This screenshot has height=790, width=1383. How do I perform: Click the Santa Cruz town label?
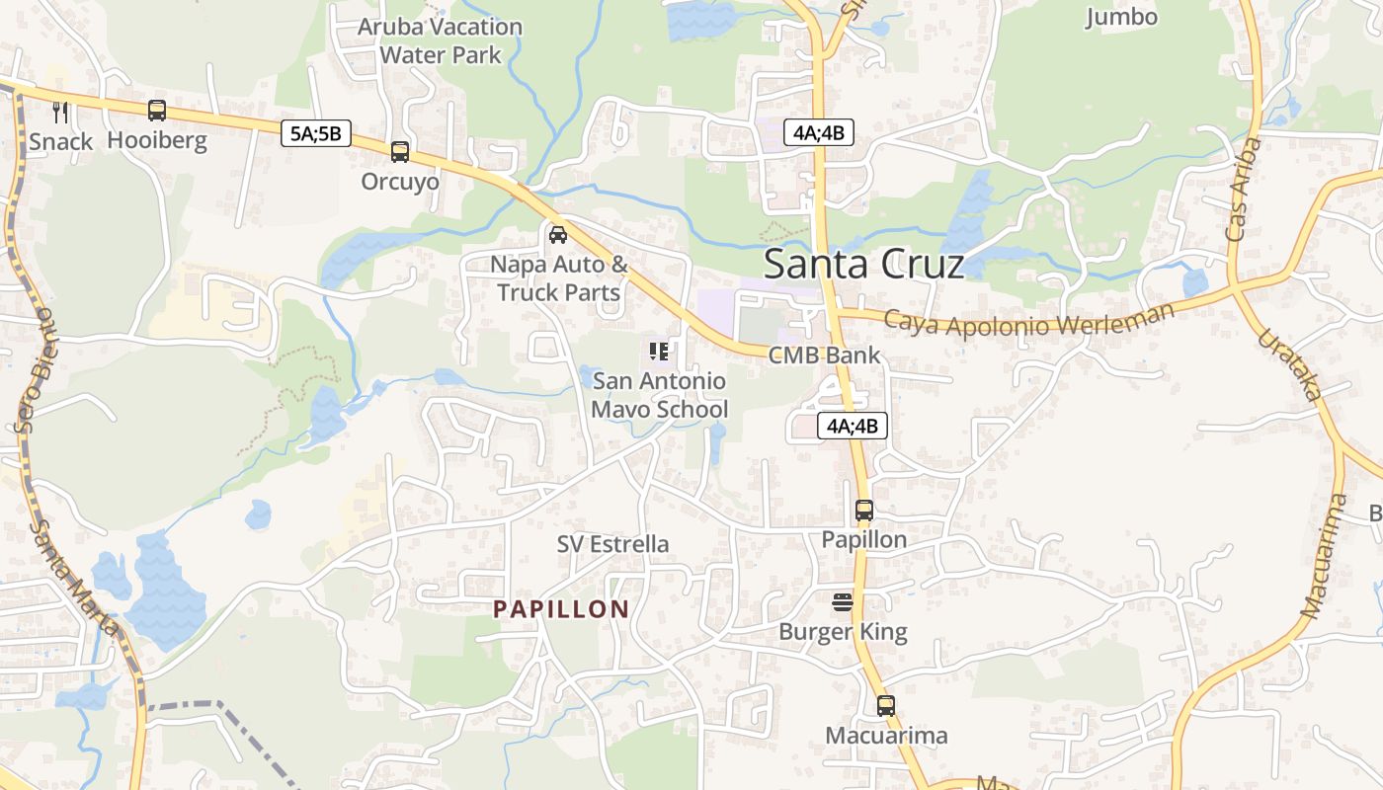(x=863, y=264)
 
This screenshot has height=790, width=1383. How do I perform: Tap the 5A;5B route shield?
(x=316, y=133)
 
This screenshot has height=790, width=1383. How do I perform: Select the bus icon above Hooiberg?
(x=157, y=111)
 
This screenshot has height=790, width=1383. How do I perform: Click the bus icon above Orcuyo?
(x=399, y=152)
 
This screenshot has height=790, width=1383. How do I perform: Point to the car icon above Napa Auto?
(x=557, y=235)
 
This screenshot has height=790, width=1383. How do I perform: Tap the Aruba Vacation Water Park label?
(x=441, y=40)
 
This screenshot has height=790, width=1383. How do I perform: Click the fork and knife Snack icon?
(x=60, y=112)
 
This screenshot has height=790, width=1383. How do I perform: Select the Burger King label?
(x=843, y=631)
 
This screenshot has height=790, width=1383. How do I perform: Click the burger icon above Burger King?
(x=843, y=601)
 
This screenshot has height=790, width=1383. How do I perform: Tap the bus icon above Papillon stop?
(x=864, y=511)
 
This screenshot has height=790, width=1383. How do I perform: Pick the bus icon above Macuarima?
(x=886, y=706)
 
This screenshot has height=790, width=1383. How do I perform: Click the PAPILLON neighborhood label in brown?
(x=561, y=609)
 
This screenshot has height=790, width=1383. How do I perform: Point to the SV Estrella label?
(x=612, y=544)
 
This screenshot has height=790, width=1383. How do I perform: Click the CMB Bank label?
(x=824, y=355)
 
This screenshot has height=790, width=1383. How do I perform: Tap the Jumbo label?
(x=1121, y=17)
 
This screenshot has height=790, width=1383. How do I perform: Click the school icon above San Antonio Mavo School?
(x=659, y=351)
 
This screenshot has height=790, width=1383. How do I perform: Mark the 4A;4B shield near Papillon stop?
(x=853, y=427)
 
